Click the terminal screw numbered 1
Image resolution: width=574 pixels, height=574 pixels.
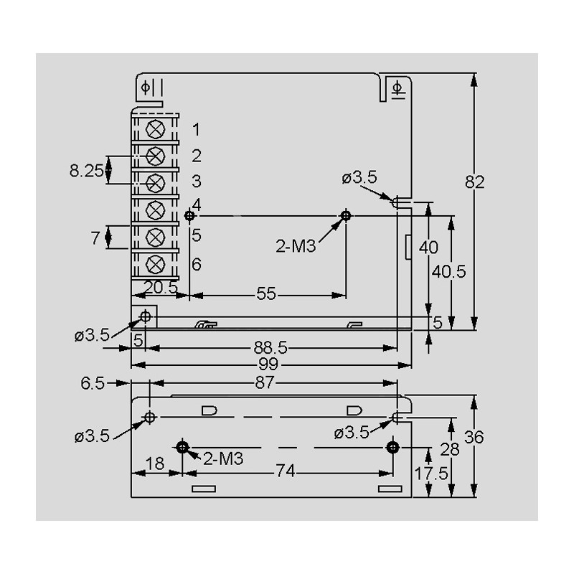tap(154, 130)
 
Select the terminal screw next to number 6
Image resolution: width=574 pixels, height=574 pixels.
tap(154, 263)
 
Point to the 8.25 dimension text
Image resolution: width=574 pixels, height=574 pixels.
tap(87, 171)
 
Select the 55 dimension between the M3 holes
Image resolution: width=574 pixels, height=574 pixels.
tap(266, 294)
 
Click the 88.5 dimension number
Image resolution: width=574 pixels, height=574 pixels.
tap(270, 348)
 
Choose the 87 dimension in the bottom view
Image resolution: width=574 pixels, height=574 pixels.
tap(265, 384)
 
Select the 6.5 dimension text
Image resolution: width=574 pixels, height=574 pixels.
tap(93, 384)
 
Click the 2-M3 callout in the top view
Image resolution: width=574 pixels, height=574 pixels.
tap(296, 246)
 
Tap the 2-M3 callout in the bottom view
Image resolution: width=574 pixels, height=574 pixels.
tap(223, 458)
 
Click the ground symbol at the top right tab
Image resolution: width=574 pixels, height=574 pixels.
tap(399, 88)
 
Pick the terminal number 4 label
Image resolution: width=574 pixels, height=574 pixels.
tap(196, 204)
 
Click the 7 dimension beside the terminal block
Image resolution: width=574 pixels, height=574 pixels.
tap(95, 238)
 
